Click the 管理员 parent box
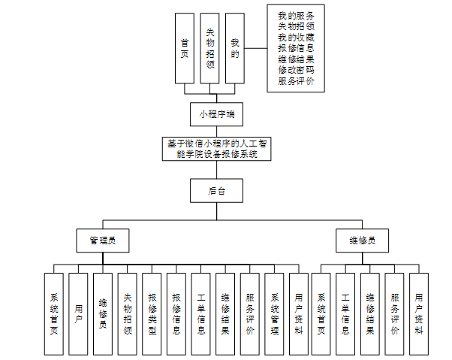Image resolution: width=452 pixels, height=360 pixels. pos(104,241)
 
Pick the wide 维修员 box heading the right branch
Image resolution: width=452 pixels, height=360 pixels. pos(362,241)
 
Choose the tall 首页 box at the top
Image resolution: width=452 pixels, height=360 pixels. pos(184,48)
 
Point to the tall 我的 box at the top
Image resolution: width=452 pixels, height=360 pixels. pos(235,48)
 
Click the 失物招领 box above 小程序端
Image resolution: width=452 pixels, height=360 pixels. pos(209,48)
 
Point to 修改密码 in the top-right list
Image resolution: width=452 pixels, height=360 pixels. pos(296,69)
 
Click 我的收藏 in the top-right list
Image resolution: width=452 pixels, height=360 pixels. pos(296,37)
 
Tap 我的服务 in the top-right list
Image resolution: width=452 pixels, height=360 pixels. pos(296,16)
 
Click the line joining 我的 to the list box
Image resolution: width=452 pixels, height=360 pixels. pos(256,48)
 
